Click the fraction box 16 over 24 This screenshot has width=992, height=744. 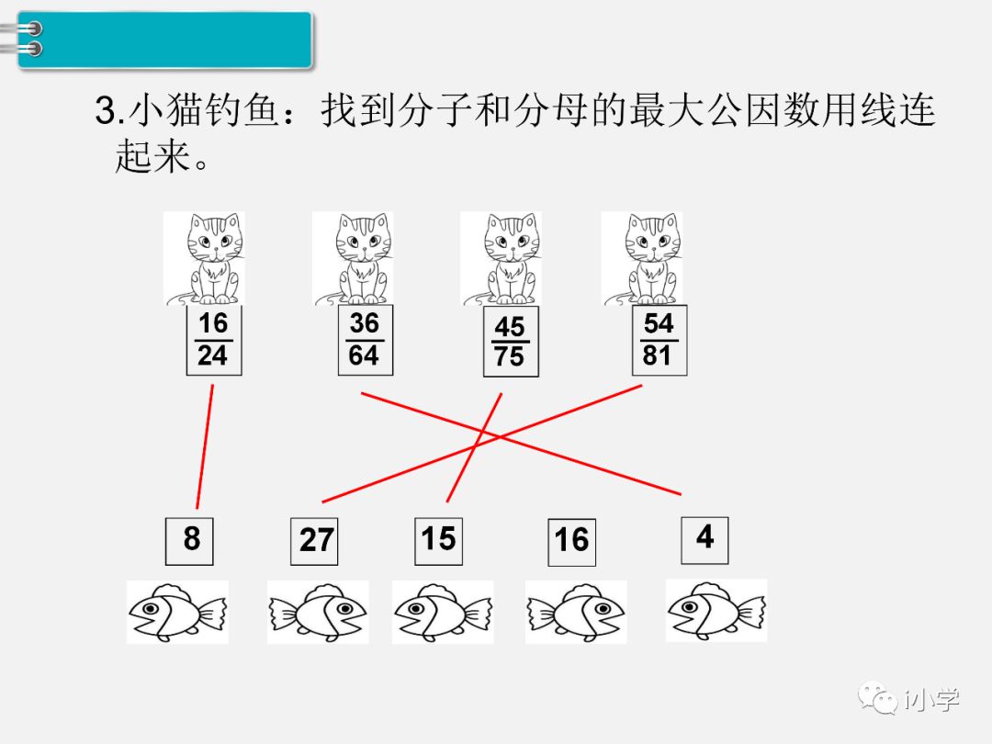(x=213, y=340)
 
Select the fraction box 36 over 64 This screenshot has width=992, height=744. (x=365, y=340)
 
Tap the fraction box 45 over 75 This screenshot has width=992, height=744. (x=511, y=343)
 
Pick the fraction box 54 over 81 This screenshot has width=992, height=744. (x=659, y=340)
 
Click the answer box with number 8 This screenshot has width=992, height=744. (x=189, y=540)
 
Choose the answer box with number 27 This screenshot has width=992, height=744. (x=314, y=541)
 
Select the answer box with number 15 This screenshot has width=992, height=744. (x=438, y=540)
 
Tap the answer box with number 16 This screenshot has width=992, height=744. (x=571, y=542)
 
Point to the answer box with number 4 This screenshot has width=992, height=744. (x=705, y=539)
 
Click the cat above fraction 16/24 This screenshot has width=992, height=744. (x=204, y=258)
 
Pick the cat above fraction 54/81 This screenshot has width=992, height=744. (x=642, y=258)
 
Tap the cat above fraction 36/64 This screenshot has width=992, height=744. (x=353, y=258)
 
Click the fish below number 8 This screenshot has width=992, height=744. (x=176, y=612)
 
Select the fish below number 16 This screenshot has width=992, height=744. (x=576, y=612)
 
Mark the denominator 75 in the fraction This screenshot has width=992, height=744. (x=510, y=356)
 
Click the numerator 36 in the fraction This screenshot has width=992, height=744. (x=365, y=324)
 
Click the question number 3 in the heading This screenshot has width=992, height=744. (x=105, y=113)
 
